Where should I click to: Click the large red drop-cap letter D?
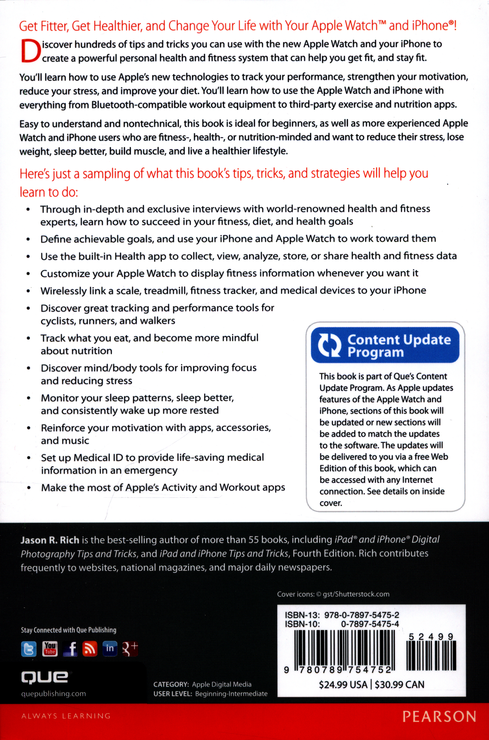30,51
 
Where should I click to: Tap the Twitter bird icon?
29,649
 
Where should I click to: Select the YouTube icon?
50,649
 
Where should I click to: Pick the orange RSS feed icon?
90,649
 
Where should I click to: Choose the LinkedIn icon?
110,649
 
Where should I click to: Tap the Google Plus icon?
130,649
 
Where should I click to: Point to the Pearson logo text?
439,717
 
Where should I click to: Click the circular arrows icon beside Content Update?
329,345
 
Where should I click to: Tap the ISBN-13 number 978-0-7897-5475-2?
362,615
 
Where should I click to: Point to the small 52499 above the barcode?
431,637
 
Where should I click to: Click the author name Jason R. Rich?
50,540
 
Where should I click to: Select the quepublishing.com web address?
53,694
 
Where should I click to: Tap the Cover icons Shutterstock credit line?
333,594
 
